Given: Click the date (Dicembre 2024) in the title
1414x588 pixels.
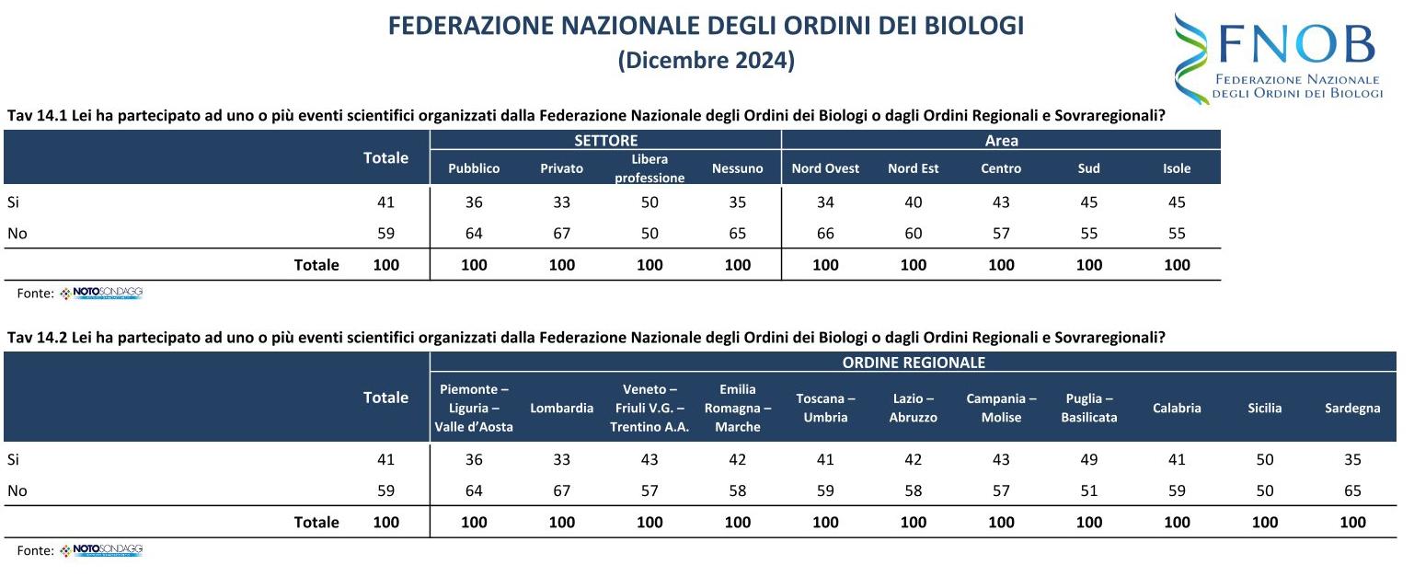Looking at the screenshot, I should click(x=706, y=61).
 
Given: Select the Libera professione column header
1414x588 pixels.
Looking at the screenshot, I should click(x=650, y=168).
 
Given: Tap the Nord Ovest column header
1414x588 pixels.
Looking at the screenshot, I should click(x=825, y=168).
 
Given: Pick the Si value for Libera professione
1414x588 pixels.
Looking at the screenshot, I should click(x=650, y=202).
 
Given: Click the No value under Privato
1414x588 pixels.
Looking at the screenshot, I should click(x=561, y=234).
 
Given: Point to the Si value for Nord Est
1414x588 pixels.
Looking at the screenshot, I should click(x=913, y=202).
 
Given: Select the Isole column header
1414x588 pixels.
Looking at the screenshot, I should click(x=1177, y=168).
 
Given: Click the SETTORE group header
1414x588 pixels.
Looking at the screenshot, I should click(x=605, y=141).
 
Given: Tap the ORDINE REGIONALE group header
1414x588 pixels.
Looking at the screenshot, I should click(x=914, y=363).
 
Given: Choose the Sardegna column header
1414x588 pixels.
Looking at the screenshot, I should click(x=1352, y=409).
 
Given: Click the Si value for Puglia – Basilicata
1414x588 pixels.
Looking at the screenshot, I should click(x=1089, y=460).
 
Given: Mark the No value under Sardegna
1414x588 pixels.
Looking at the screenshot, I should click(x=1352, y=491).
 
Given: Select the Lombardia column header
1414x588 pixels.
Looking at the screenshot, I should click(x=561, y=409).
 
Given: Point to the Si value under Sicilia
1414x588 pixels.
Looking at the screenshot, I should click(x=1265, y=460).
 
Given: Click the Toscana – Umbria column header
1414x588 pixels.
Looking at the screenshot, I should click(x=825, y=409).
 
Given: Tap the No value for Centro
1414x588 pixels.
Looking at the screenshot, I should click(x=1001, y=234).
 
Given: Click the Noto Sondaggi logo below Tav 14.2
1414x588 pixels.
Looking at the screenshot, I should click(x=101, y=550).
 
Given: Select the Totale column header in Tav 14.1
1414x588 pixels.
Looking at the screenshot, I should click(x=385, y=158).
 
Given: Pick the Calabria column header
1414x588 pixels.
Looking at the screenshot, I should click(x=1177, y=409).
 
